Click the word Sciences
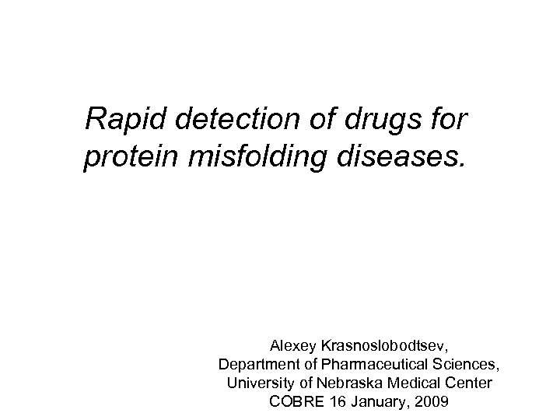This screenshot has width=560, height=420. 469,363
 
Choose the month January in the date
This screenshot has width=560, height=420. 373,403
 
